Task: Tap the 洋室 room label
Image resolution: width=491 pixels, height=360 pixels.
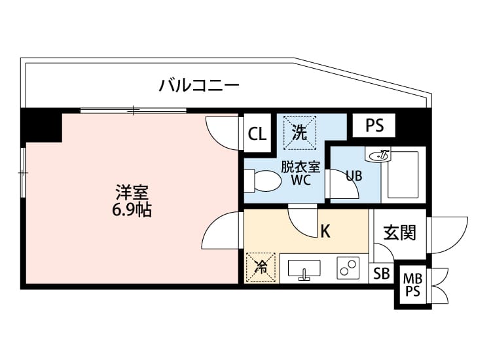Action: click(x=132, y=192)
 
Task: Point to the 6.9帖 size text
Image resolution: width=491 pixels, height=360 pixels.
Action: click(x=132, y=211)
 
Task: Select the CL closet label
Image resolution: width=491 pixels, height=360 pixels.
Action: click(x=257, y=135)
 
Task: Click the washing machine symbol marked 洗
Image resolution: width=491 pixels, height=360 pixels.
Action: click(x=299, y=133)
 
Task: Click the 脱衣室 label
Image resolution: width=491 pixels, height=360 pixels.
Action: click(x=300, y=166)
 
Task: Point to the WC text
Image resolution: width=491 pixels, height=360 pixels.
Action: click(x=300, y=181)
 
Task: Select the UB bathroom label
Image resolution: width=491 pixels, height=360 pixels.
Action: click(x=354, y=175)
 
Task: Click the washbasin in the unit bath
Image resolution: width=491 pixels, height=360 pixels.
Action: click(x=379, y=155)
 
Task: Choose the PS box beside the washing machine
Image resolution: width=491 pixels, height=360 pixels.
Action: click(x=374, y=125)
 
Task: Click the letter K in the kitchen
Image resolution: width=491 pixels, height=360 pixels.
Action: click(x=325, y=231)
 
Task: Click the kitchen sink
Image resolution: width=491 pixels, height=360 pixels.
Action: click(x=304, y=269)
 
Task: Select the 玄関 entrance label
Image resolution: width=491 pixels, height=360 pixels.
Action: click(x=399, y=232)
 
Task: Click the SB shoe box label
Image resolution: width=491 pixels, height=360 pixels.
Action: click(x=381, y=274)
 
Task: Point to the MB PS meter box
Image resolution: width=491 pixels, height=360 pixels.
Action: click(x=412, y=285)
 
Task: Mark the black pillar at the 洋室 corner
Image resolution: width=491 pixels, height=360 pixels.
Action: click(x=41, y=125)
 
